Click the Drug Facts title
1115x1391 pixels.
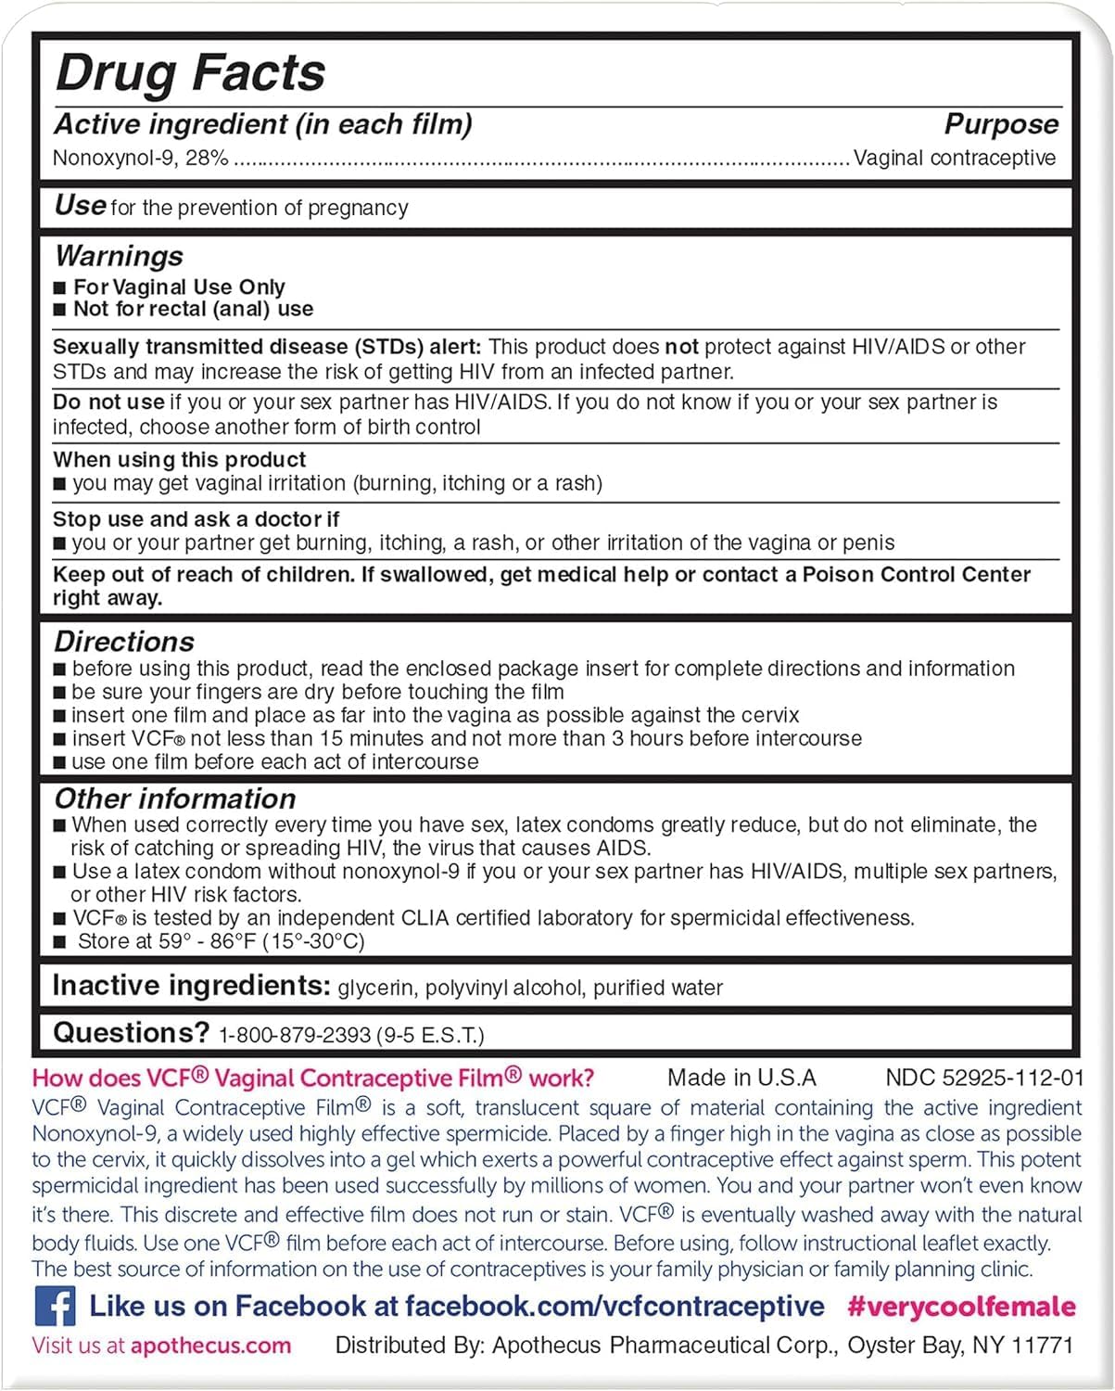190,72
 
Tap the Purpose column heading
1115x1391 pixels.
1001,124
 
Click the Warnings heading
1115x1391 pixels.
119,256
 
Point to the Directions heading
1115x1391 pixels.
124,642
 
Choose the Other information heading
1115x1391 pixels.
175,798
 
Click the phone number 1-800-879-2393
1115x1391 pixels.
294,1035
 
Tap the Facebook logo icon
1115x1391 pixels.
55,1307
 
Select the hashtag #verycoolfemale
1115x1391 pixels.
961,1307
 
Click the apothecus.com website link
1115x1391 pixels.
210,1346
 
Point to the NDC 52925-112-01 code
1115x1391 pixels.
984,1078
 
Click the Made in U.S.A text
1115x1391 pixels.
741,1078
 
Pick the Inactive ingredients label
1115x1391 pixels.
191,986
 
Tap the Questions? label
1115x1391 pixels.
131,1033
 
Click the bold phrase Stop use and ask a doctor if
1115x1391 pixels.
196,519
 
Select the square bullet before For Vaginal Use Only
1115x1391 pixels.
60,288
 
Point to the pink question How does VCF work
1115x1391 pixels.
313,1078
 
